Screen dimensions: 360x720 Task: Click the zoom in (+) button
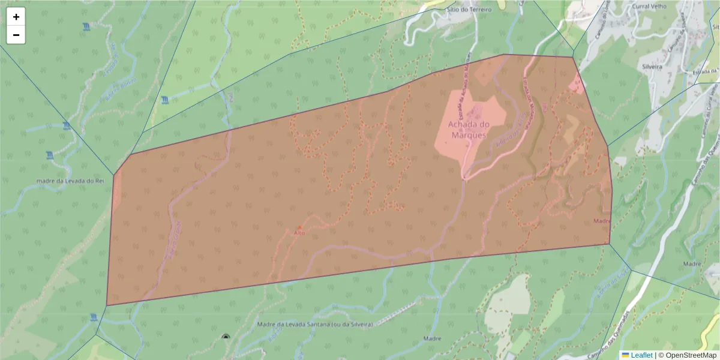coord(16,17)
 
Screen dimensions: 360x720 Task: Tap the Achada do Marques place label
coord(469,129)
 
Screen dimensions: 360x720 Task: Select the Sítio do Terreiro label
coord(469,10)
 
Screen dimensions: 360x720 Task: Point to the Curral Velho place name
coord(649,6)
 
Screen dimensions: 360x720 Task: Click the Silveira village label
coord(652,67)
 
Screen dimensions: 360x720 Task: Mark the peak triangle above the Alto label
coord(299,227)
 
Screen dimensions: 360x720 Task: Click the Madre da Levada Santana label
coord(315,325)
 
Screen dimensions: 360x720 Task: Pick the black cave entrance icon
coord(226,337)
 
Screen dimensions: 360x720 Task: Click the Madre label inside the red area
coord(602,221)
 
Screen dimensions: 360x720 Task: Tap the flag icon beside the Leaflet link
coord(626,355)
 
